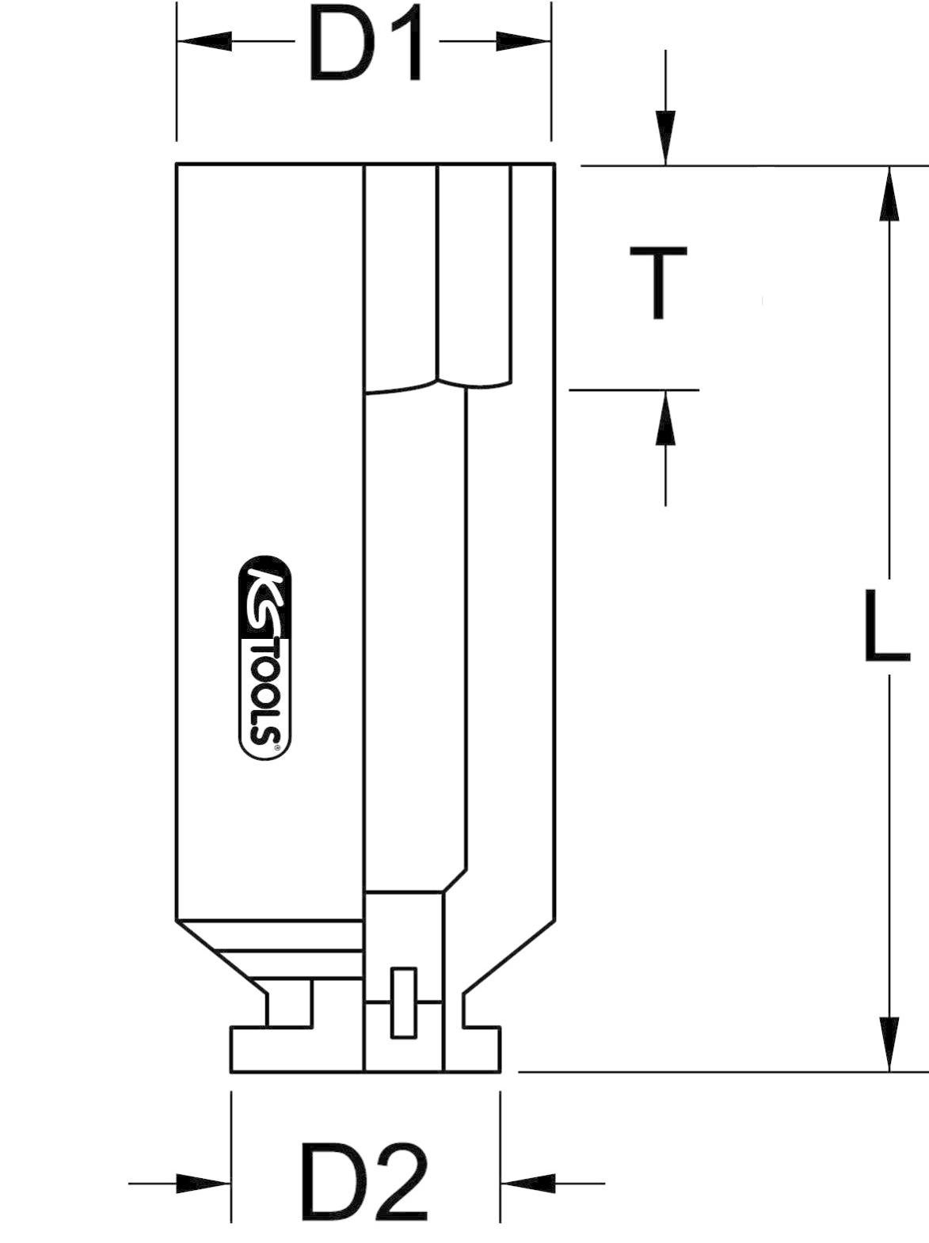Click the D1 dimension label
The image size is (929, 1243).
(367, 45)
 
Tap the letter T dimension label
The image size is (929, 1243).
(658, 283)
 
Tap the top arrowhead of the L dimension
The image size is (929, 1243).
(890, 193)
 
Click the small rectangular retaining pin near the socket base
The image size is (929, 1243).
(404, 1002)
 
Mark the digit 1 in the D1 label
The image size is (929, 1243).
(404, 45)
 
